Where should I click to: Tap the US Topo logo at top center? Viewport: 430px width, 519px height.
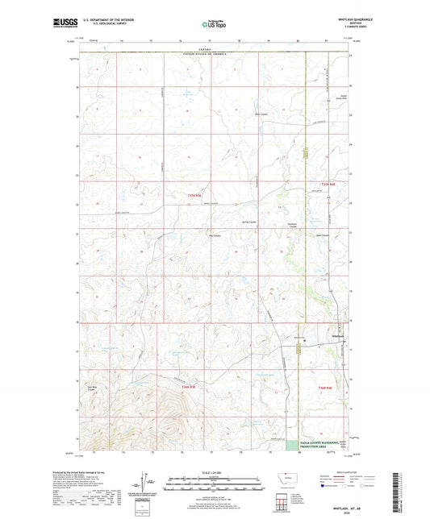214,25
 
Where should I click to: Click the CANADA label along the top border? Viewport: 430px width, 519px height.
214,49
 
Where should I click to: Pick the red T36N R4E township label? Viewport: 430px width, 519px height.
323,388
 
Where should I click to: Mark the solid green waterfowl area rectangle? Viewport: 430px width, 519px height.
291,445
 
